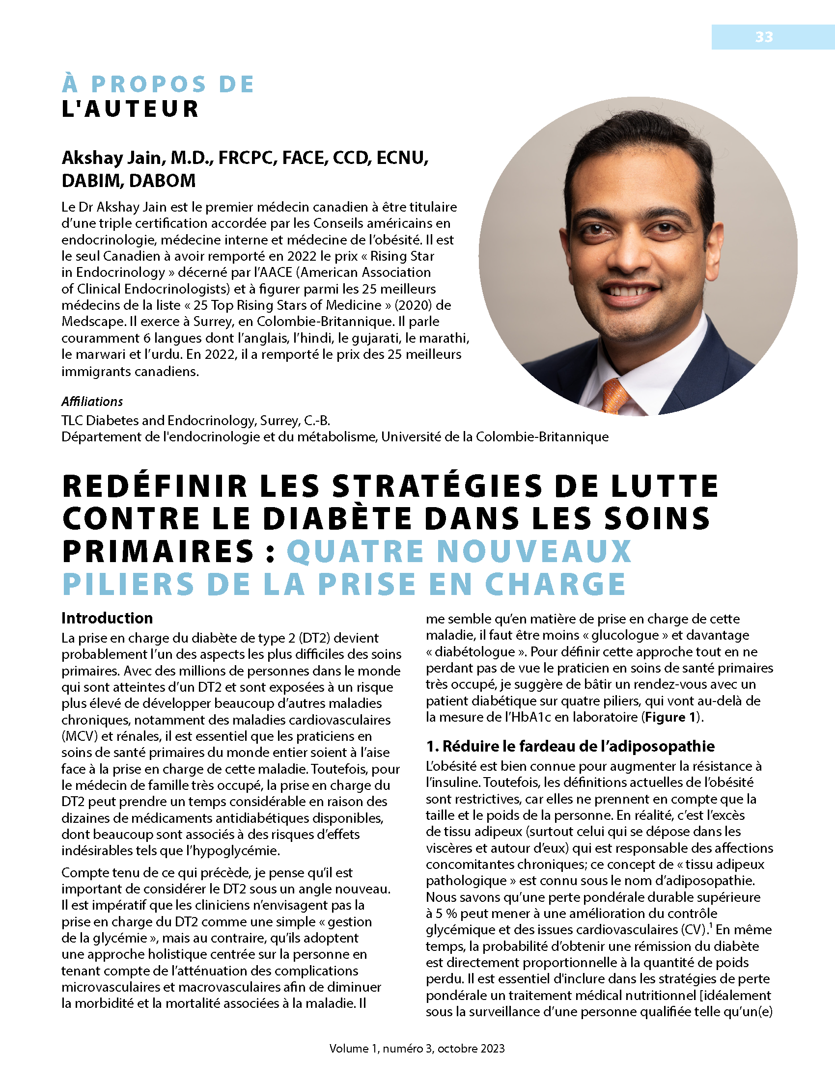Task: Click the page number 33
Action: coord(764,37)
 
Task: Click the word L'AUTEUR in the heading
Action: coord(130,109)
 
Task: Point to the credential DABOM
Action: coord(162,181)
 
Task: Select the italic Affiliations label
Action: coord(92,402)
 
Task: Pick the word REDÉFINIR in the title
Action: coord(155,486)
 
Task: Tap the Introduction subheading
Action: coord(107,618)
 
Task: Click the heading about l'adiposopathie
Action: coord(570,746)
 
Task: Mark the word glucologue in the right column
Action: coord(624,635)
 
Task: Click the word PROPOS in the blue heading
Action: coord(148,84)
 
